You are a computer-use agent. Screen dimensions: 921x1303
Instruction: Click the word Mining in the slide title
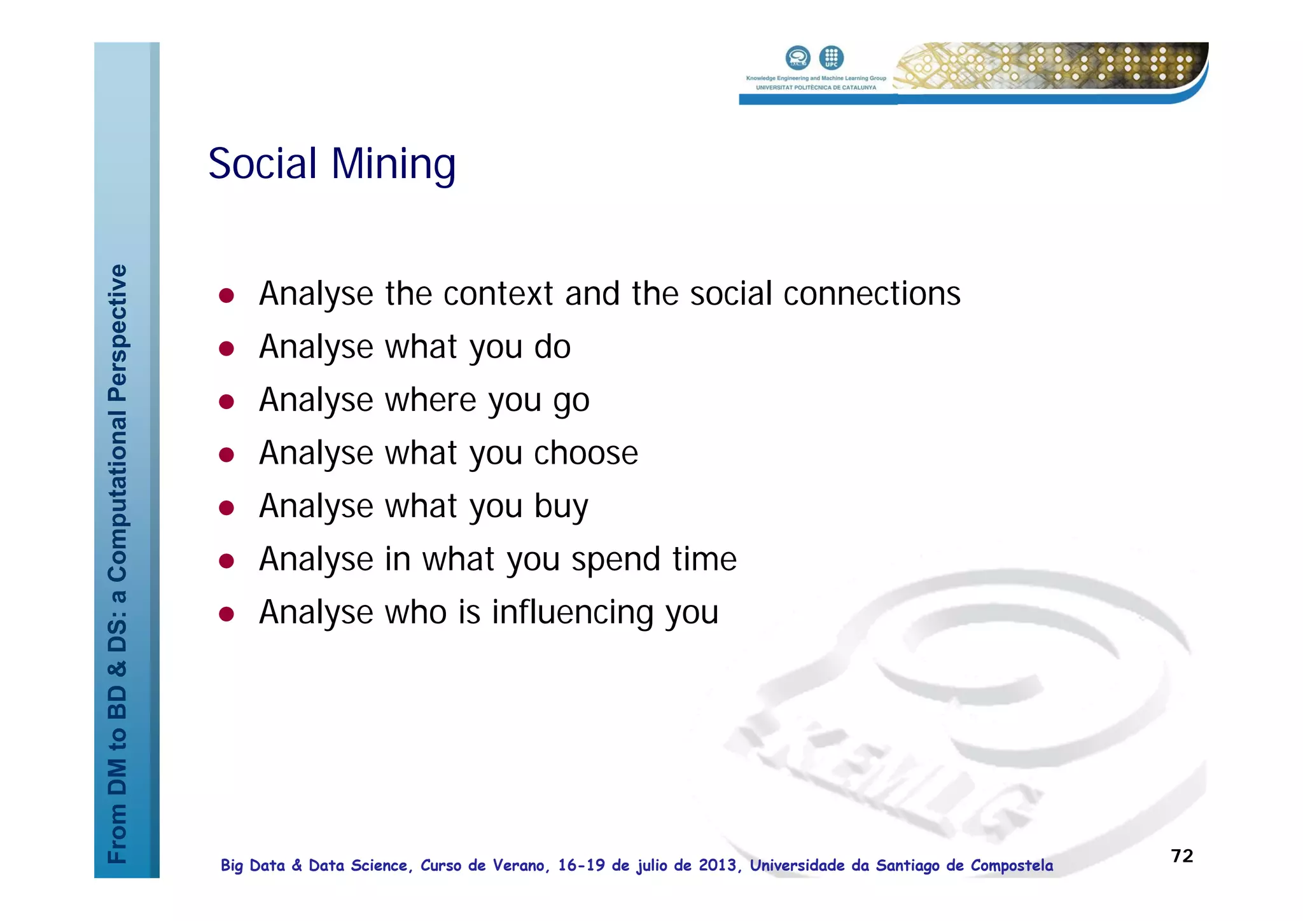(393, 164)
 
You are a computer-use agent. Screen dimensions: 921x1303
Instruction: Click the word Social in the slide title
(263, 164)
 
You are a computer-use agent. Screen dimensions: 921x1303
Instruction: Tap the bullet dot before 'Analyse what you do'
(226, 349)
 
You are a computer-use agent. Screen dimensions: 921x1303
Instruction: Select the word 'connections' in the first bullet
(872, 294)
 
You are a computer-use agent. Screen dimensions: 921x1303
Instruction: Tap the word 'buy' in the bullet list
(561, 508)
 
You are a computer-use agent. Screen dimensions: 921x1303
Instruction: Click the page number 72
(1182, 856)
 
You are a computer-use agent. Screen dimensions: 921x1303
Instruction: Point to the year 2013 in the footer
(717, 866)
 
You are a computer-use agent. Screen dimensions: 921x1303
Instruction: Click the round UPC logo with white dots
(831, 58)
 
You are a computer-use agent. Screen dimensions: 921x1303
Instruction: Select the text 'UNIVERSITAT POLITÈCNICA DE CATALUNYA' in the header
(816, 88)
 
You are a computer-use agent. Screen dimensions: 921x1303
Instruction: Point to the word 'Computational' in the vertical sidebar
(118, 496)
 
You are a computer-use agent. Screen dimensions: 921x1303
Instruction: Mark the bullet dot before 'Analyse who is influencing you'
(226, 614)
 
